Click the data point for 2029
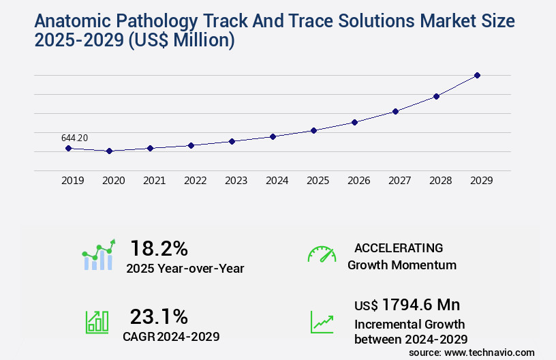click(x=477, y=75)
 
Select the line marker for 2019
click(x=68, y=148)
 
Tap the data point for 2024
click(x=273, y=136)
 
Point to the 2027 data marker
click(x=395, y=111)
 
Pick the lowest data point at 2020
click(x=109, y=151)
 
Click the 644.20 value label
click(x=74, y=138)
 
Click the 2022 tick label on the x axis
click(x=195, y=181)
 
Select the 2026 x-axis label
click(x=358, y=181)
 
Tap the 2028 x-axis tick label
click(x=440, y=181)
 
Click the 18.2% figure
click(x=159, y=247)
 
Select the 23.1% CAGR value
click(x=159, y=316)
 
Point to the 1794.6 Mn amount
click(x=420, y=304)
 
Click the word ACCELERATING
click(x=399, y=247)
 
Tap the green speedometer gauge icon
click(x=322, y=254)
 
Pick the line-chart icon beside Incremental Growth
click(x=322, y=322)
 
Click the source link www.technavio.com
click(x=491, y=352)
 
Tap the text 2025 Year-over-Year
click(x=185, y=268)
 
